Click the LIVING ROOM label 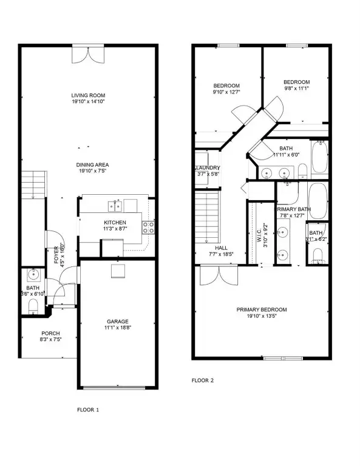click(x=89, y=95)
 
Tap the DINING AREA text click(x=92, y=164)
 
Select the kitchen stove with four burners click(x=148, y=227)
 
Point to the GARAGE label click(x=118, y=322)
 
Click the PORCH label click(x=50, y=333)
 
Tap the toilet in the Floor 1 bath click(x=33, y=305)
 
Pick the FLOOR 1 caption click(x=88, y=410)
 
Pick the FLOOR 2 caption click(x=203, y=380)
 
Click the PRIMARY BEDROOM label click(x=262, y=309)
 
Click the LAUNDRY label click(x=207, y=167)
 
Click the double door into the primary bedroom click(x=216, y=276)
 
